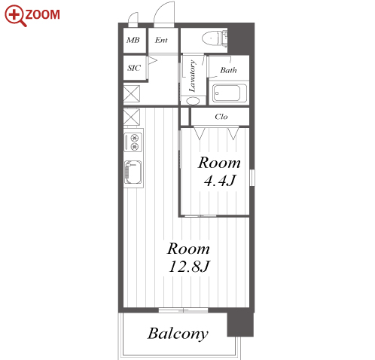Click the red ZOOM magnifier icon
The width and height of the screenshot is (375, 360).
[16, 16]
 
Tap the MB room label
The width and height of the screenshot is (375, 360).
[133, 40]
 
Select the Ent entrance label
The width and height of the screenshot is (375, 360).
[161, 40]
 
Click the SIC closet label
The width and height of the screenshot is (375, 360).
[134, 68]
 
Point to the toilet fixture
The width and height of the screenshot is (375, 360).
[215, 38]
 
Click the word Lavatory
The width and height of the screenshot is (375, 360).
[192, 76]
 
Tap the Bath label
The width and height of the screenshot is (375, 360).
[228, 70]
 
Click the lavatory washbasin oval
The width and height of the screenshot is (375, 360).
[193, 101]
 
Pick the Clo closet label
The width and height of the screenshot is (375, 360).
[221, 117]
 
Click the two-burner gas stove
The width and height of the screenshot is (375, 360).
[133, 142]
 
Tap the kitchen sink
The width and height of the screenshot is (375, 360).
[133, 172]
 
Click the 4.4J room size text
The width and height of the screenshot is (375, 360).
[220, 181]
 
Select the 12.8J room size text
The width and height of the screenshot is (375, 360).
[189, 267]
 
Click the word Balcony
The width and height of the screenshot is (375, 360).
[178, 334]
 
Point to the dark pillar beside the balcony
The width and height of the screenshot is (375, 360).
[240, 325]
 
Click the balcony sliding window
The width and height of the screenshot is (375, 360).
[183, 310]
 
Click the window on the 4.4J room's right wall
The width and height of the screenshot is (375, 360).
[252, 178]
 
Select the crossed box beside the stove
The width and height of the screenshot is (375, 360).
[132, 117]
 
